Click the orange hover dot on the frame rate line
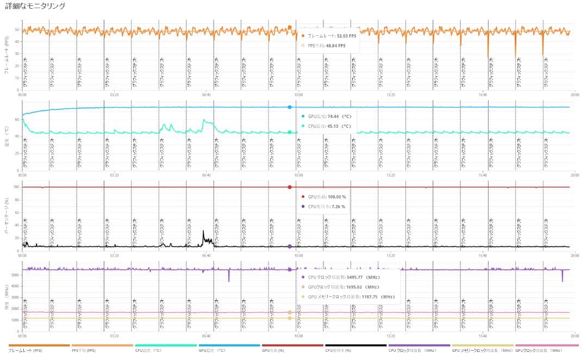coord(290,27)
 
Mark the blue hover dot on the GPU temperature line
coord(290,107)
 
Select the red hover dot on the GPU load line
coord(290,187)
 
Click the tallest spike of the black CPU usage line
coord(203,231)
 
